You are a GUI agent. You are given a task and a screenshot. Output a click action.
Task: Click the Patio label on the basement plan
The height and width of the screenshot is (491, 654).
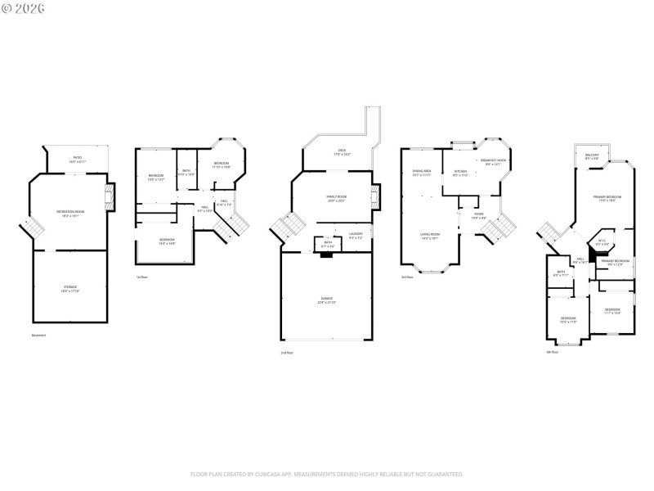coord(78,159)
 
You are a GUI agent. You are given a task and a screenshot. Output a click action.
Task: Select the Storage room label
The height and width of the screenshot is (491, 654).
coord(70,288)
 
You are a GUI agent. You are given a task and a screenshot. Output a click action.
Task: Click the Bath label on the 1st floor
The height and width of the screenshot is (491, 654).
coord(186,172)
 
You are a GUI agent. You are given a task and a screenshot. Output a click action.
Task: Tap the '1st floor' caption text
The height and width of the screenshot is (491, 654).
coord(142,277)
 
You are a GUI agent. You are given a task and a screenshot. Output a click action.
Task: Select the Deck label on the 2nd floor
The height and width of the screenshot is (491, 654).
coord(343,151)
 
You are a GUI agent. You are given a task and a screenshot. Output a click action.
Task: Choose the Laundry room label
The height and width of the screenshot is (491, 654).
coord(356,235)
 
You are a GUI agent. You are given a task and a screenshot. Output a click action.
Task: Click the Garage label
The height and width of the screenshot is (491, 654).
coord(326,300)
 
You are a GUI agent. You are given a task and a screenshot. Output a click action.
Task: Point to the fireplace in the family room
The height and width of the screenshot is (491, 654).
coord(376,196)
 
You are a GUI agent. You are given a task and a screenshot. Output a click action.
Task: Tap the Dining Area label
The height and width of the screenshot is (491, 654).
coord(421,173)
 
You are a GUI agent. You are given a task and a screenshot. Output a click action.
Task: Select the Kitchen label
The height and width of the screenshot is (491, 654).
coord(460,173)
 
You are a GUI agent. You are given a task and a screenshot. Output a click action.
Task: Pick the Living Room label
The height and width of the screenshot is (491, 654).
coord(430,236)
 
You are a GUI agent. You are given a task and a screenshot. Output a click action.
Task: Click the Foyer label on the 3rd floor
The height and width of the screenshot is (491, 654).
coord(478,216)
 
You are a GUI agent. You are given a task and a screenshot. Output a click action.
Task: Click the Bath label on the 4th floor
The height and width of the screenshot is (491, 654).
coord(561,273)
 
